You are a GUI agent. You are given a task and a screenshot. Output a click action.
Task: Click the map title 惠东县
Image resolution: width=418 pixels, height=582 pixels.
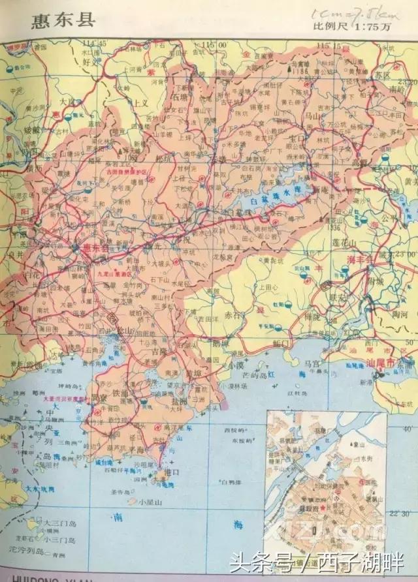pos(63,20)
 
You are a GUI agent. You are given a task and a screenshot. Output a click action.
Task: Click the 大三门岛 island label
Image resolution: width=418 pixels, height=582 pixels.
pos(61,523)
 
